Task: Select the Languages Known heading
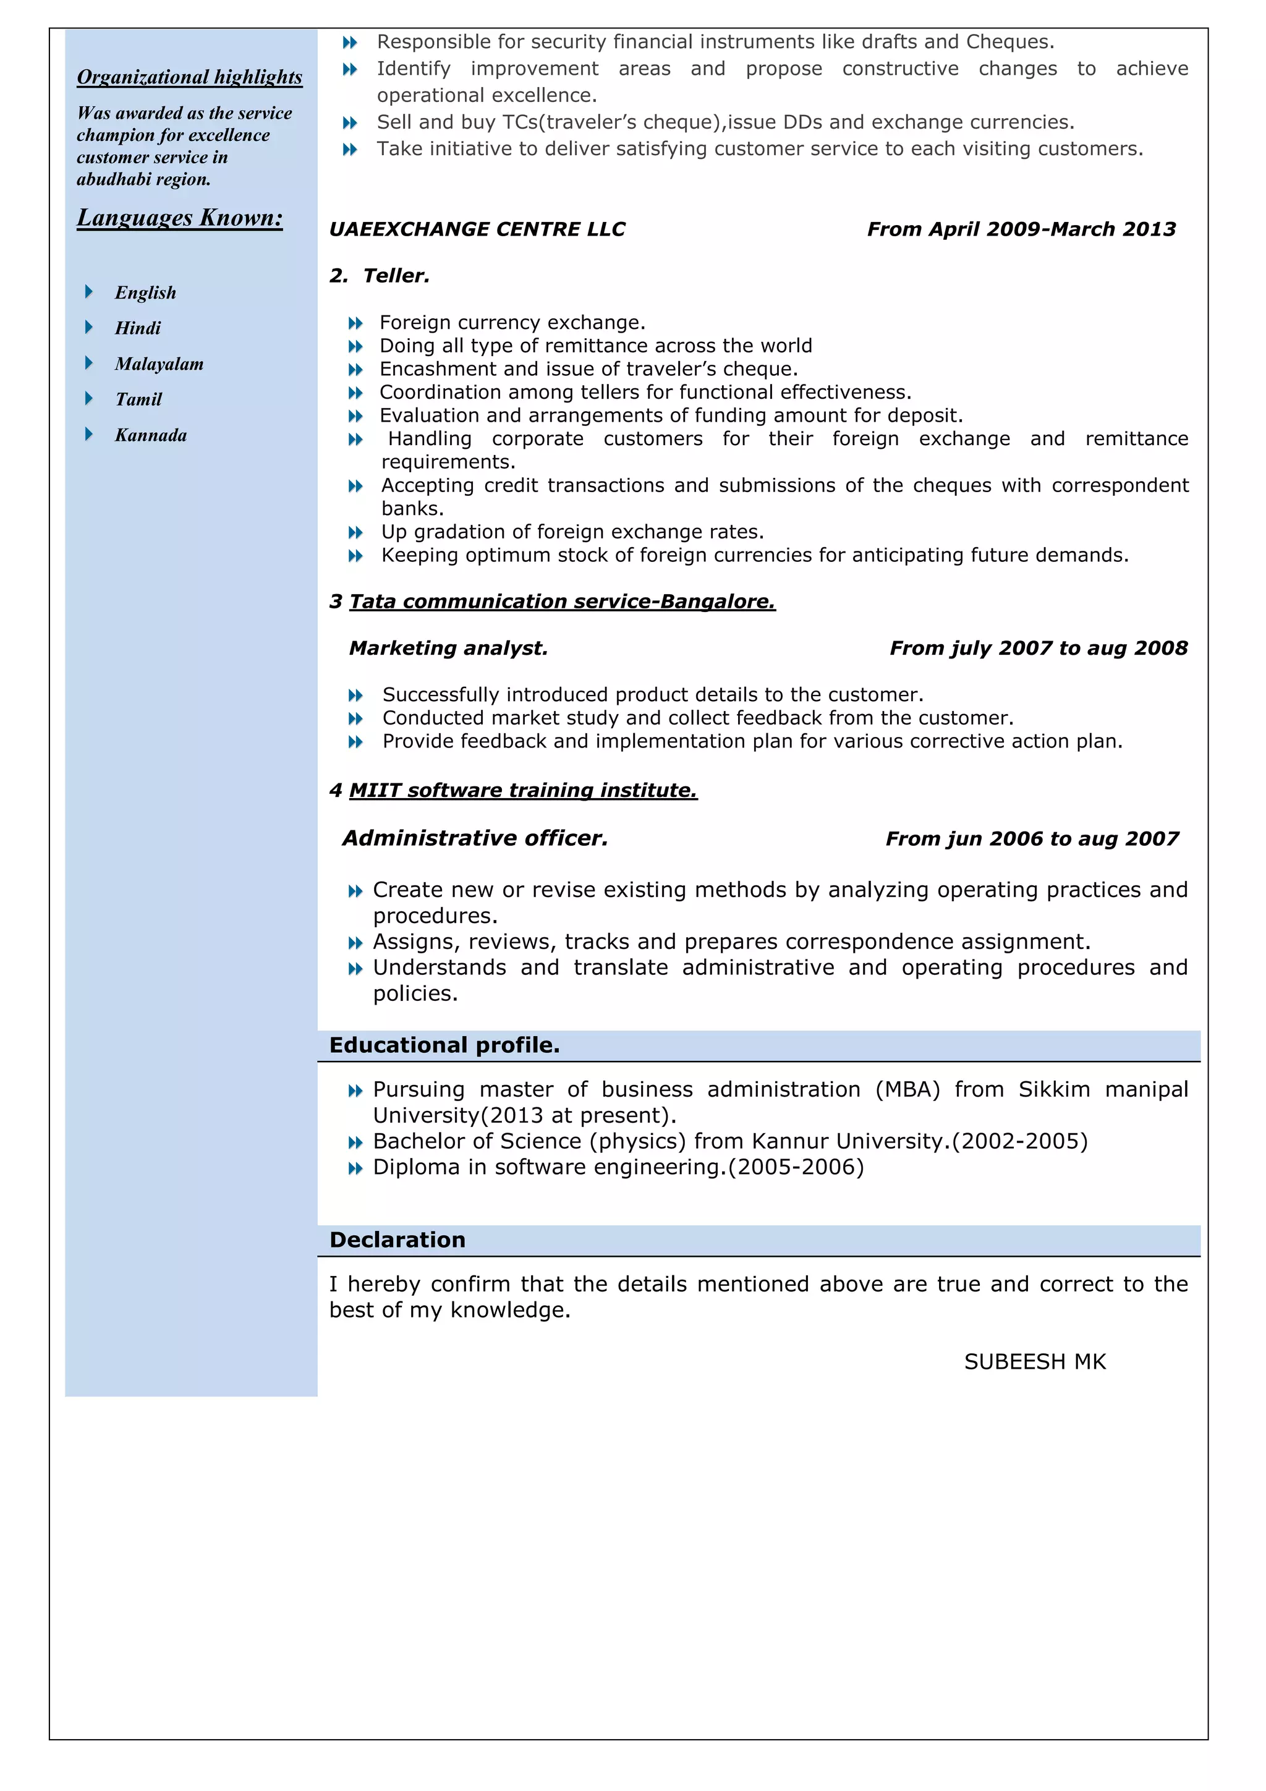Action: pos(179,218)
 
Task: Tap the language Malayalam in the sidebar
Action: pos(159,364)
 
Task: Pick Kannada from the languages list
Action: pos(151,435)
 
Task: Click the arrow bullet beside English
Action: pos(89,292)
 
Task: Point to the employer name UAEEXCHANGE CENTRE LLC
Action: pos(477,229)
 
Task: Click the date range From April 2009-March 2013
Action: pos(1021,229)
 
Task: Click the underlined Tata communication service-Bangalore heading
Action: pos(562,602)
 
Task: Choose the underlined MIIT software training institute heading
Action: pos(522,790)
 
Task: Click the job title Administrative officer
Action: pos(474,838)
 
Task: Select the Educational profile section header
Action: pos(444,1045)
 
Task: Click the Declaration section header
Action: pos(397,1240)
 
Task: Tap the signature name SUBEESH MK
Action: pos(1034,1362)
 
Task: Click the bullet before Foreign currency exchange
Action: pos(355,323)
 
